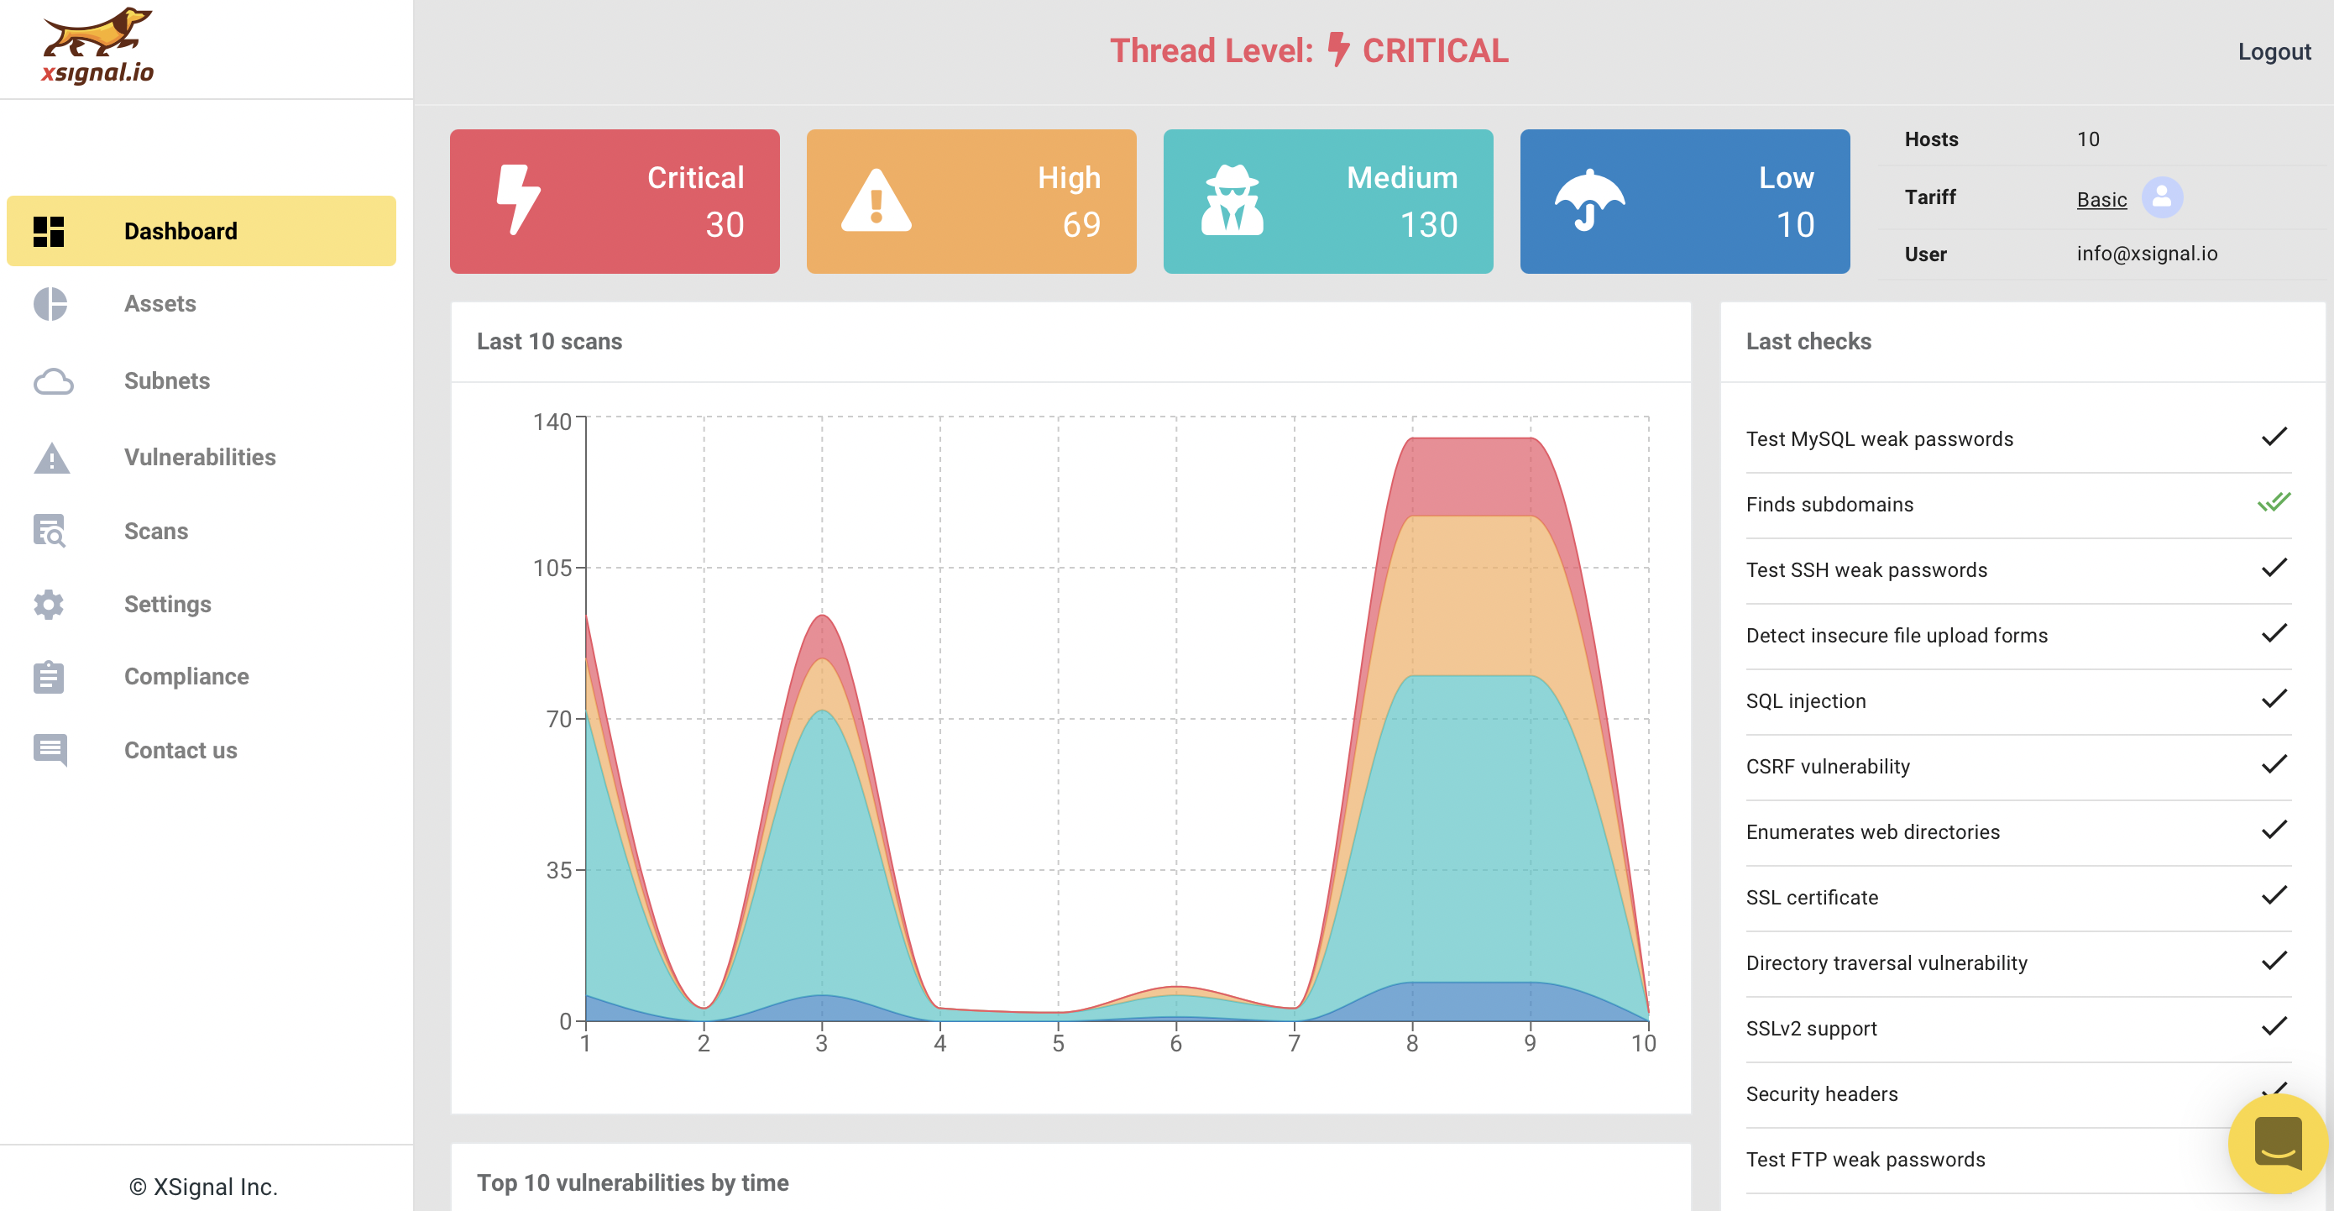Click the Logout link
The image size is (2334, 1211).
[2274, 52]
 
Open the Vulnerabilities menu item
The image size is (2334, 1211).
[199, 457]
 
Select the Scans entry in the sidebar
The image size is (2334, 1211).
[156, 531]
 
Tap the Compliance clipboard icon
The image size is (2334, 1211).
[49, 676]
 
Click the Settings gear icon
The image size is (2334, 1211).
[49, 604]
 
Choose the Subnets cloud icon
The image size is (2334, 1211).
[53, 380]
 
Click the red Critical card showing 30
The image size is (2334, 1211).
[615, 202]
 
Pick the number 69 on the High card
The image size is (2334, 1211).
[1081, 225]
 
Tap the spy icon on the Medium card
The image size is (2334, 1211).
[1232, 201]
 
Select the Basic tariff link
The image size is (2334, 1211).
[2101, 199]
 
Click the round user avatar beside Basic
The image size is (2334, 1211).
[2162, 197]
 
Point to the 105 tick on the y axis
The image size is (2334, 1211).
[552, 569]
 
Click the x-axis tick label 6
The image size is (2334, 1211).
[1176, 1043]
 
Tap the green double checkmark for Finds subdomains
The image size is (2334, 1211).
[2274, 501]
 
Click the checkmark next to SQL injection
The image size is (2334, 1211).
[2274, 698]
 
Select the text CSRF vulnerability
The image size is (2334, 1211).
[1828, 767]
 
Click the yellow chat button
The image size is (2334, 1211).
[2277, 1144]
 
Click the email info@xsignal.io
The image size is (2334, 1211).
[2147, 254]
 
